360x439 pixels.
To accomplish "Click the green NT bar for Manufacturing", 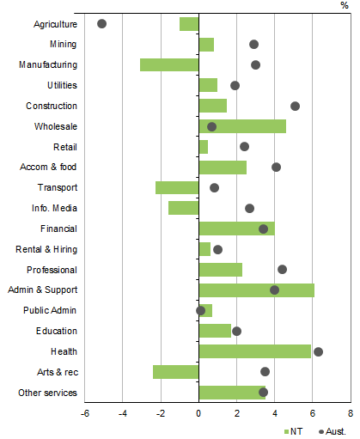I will tap(169, 64).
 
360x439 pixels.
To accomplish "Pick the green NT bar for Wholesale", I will tap(242, 126).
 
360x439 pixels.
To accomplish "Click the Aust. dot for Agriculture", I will tap(102, 23).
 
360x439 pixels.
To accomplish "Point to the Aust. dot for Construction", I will tap(295, 106).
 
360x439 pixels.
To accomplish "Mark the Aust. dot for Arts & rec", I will tap(265, 371).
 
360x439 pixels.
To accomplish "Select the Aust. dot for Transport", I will tap(214, 187).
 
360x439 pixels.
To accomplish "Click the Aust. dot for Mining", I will tap(253, 44).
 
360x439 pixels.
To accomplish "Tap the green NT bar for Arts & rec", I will tap(176, 371).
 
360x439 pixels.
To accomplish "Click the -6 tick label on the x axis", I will tap(84, 413).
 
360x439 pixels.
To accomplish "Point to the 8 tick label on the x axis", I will tap(350, 413).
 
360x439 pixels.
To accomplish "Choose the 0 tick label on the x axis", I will tap(198, 413).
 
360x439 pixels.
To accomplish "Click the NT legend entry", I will tap(293, 430).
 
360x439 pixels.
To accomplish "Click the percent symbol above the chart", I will tap(345, 5).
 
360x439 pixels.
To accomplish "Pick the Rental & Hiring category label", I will tap(47, 249).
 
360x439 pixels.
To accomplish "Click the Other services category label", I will tap(47, 393).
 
